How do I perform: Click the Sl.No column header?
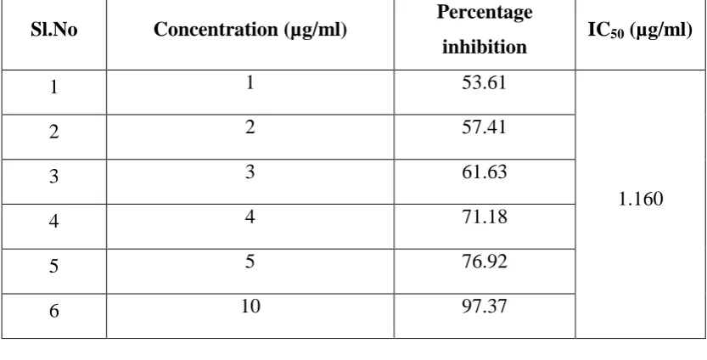click(x=54, y=30)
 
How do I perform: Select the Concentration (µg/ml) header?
click(x=250, y=31)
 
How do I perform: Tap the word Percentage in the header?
click(x=485, y=13)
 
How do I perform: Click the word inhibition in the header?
click(x=485, y=47)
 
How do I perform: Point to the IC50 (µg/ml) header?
click(x=640, y=31)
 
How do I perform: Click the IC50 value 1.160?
click(x=641, y=199)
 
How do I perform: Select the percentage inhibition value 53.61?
click(x=485, y=82)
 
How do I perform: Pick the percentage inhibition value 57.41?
click(x=485, y=127)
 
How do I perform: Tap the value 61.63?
click(x=485, y=172)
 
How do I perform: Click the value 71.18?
click(x=485, y=217)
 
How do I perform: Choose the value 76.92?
click(x=485, y=262)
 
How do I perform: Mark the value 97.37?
click(x=485, y=306)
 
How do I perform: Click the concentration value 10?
click(x=250, y=306)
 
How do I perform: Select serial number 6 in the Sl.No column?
click(x=54, y=311)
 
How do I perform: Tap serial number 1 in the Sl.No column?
click(x=54, y=87)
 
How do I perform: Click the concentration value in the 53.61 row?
click(x=250, y=82)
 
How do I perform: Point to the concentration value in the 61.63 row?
click(x=250, y=172)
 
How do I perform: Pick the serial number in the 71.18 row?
click(x=54, y=221)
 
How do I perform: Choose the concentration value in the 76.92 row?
click(x=250, y=262)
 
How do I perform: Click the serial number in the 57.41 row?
click(x=54, y=132)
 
